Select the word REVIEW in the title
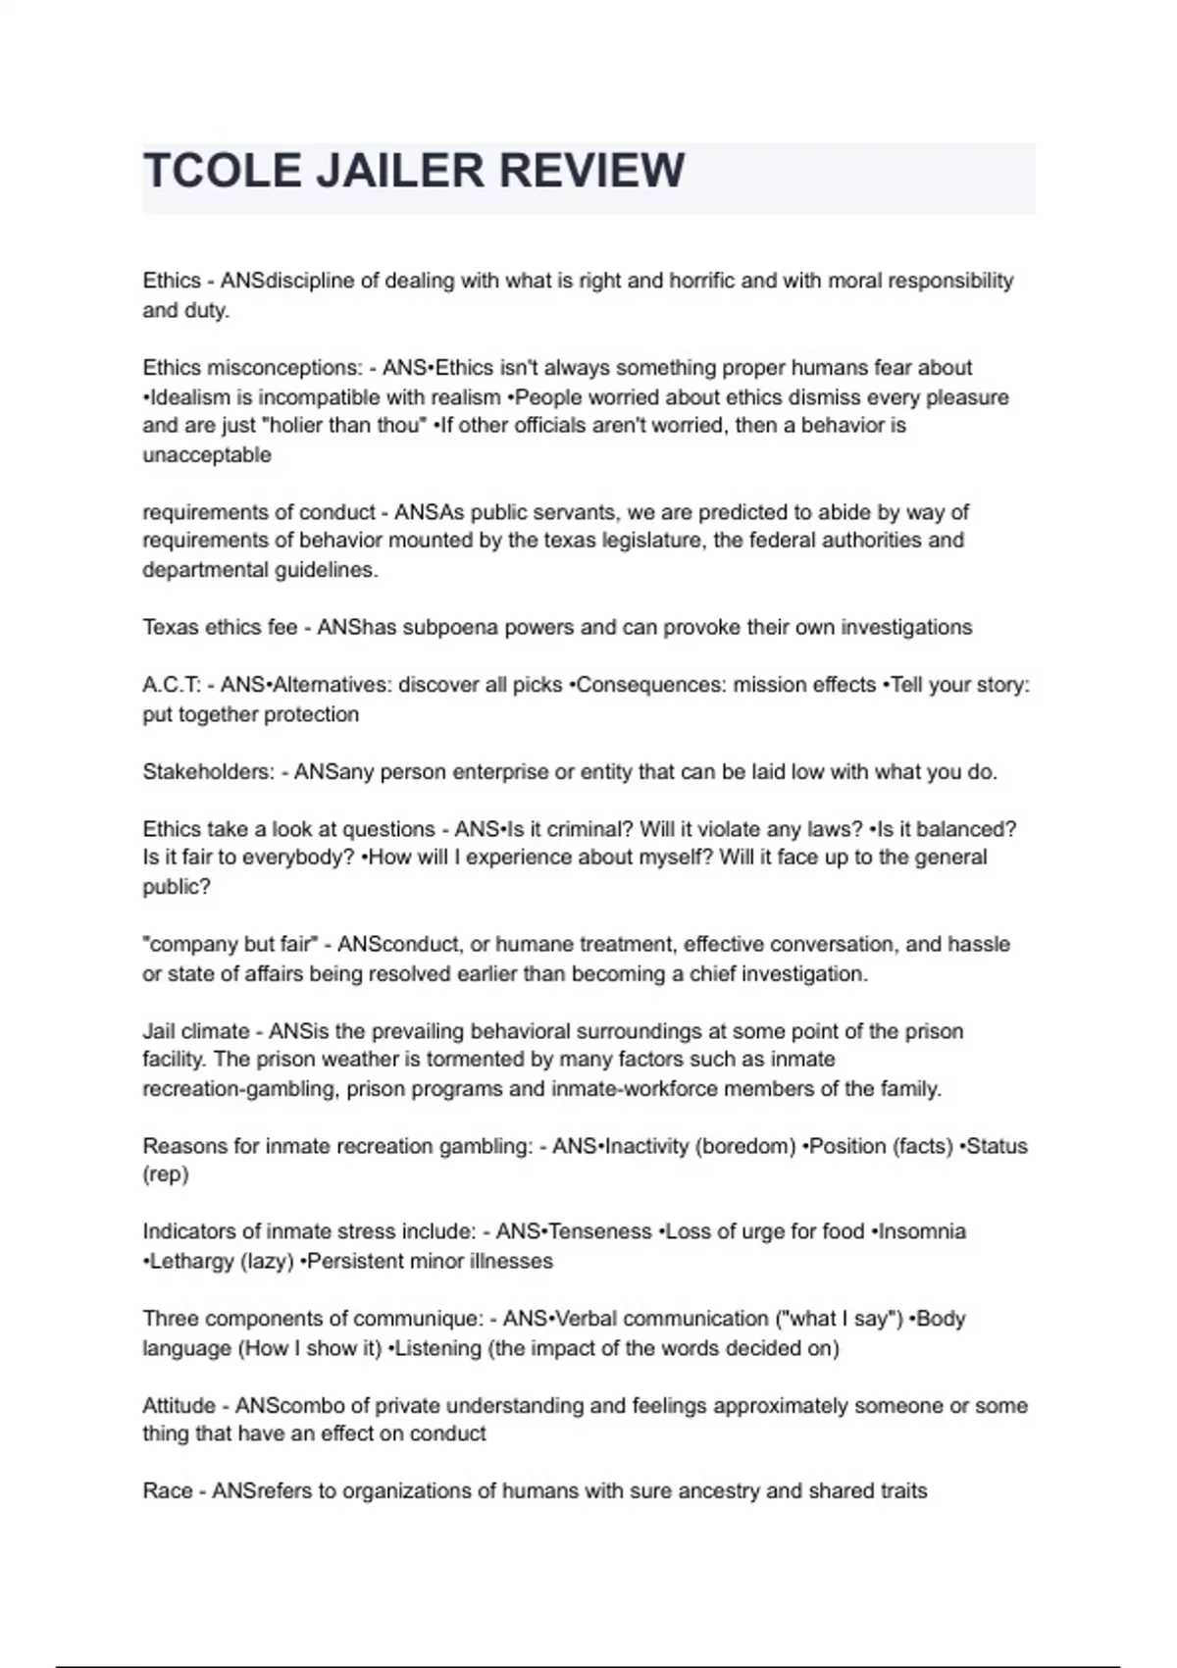[591, 171]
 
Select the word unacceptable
[207, 455]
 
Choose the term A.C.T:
[172, 685]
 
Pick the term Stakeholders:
[209, 772]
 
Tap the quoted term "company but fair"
[230, 945]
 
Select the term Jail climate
[195, 1031]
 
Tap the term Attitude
[179, 1406]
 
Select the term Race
[167, 1491]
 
